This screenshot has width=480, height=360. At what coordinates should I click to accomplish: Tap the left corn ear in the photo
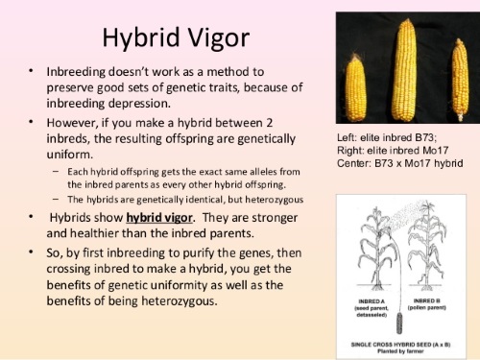coord(357,84)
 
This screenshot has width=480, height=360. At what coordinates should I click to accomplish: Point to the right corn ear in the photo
coord(459,82)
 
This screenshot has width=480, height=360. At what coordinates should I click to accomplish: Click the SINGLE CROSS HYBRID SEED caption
coord(400,341)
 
